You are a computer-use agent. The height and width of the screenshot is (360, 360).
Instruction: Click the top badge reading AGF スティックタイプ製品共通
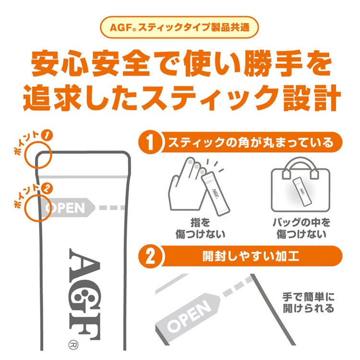pos(180,27)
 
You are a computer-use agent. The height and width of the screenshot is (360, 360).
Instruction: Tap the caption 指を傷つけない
pos(200,228)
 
